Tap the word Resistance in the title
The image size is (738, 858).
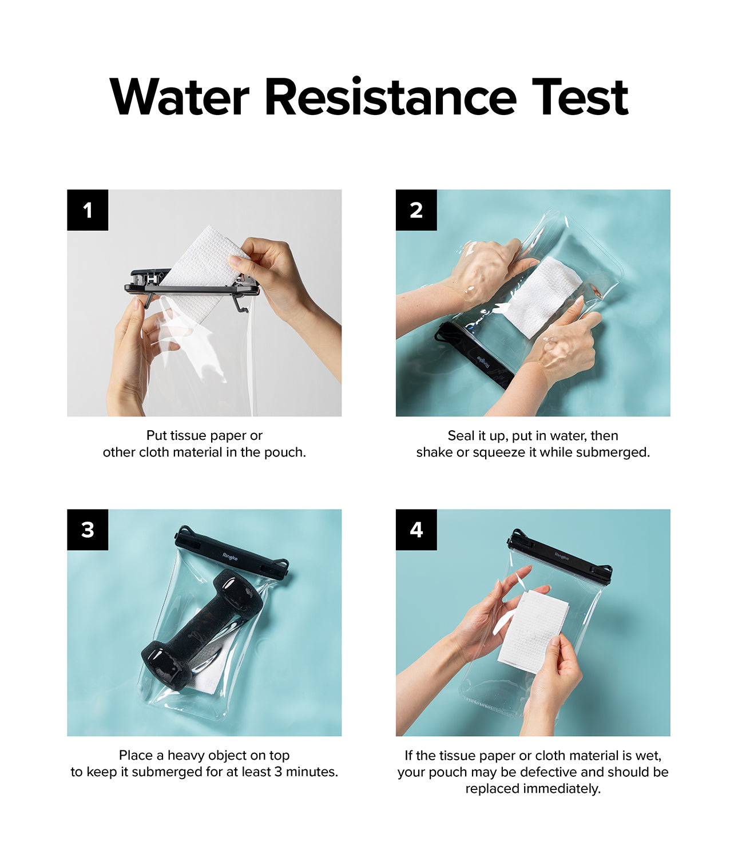[390, 97]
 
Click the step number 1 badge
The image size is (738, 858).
[88, 210]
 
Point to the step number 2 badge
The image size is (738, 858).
[416, 210]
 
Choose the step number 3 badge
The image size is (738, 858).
[88, 530]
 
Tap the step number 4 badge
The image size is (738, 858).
[416, 530]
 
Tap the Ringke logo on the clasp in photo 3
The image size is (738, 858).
[230, 557]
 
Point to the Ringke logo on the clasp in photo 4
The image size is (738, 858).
[561, 556]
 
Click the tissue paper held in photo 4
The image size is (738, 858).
[532, 632]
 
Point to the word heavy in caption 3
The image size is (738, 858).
[187, 756]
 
